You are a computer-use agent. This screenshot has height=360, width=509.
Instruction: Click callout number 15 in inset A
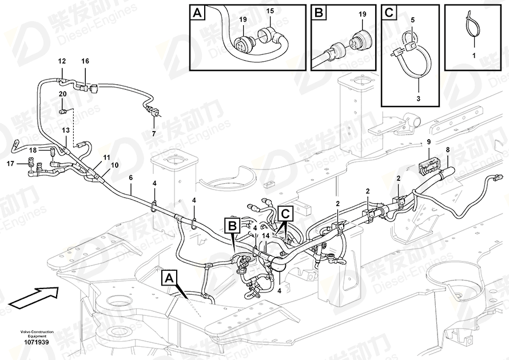[270, 11]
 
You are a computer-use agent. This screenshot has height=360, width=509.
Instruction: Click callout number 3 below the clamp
[418, 99]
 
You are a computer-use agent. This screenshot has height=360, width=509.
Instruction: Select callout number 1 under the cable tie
[474, 56]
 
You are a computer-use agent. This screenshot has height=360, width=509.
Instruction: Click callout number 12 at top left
[62, 61]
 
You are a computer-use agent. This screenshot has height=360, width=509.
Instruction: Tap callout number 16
[85, 61]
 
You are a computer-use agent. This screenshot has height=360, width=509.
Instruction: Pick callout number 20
[62, 94]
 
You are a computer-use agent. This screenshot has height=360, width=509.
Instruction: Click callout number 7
[153, 133]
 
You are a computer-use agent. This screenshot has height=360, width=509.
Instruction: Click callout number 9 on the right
[429, 142]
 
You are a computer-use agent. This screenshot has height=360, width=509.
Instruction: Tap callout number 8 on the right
[447, 150]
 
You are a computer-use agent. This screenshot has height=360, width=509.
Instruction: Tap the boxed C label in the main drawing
[285, 213]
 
